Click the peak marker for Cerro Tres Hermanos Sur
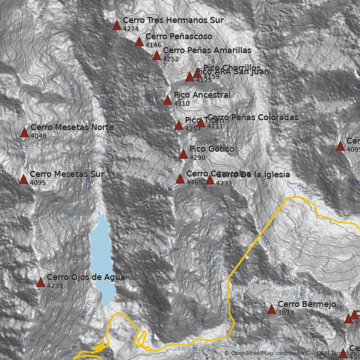[x=117, y=25]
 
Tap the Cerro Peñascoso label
[x=179, y=36]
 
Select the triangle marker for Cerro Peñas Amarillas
[x=157, y=55]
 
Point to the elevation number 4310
[x=181, y=104]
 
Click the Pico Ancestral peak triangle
[x=167, y=100]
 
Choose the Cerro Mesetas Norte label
[x=72, y=127]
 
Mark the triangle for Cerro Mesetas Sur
[x=24, y=179]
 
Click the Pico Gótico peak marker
[x=183, y=154]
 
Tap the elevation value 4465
[x=194, y=183]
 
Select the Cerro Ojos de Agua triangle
[x=40, y=282]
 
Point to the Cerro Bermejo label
[x=306, y=305]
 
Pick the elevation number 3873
[x=286, y=313]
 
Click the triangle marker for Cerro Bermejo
[x=271, y=309]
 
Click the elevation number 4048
[x=39, y=136]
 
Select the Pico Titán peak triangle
[x=179, y=125]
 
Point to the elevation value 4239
[x=55, y=286]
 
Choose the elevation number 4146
[x=153, y=45]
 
